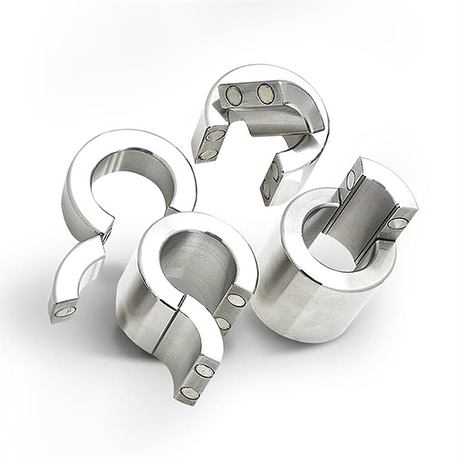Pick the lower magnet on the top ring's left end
click(x=208, y=154)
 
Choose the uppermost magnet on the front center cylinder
click(x=237, y=299)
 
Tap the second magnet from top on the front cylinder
click(x=222, y=323)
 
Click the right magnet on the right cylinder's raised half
click(x=398, y=223)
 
